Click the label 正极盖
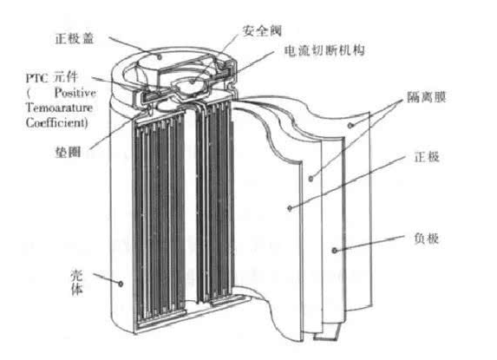coord(75,39)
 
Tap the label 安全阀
coord(262,30)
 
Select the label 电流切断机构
coord(324,50)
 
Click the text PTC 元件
coord(52,78)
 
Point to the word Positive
coord(75,93)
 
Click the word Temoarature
coord(59,108)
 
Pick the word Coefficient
coord(56,123)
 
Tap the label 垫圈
coord(68,152)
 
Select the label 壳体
coord(76,282)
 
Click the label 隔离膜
coord(427,97)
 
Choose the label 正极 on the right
coord(427,157)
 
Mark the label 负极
coord(427,239)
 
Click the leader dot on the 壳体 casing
coord(121,284)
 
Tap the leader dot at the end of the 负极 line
coord(334,251)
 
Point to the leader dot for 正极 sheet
coord(290,208)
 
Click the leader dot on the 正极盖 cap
coord(160,56)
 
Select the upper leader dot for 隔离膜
coord(350,126)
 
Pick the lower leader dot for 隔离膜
coord(311,179)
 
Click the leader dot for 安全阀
coord(193,82)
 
